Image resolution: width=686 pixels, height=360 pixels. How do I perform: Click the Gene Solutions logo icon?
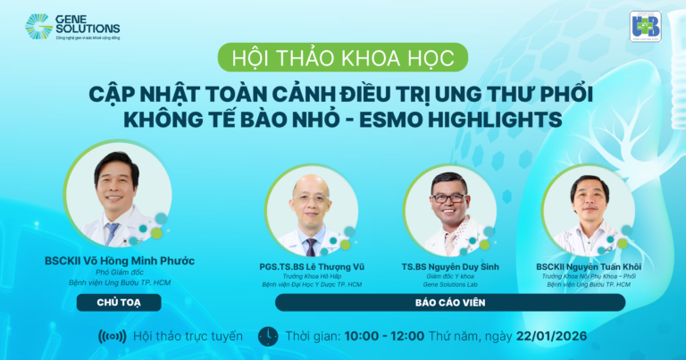[38, 27]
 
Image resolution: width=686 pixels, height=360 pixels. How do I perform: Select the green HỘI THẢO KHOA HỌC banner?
[343, 59]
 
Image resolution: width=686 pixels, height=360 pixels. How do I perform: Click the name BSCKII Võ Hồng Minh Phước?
[119, 261]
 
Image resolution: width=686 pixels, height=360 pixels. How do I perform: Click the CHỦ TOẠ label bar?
[119, 302]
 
